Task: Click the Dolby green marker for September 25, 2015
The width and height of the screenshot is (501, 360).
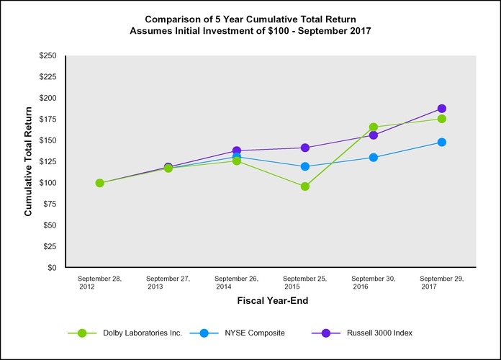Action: pos(305,186)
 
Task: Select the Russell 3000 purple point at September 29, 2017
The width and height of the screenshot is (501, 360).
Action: pos(442,109)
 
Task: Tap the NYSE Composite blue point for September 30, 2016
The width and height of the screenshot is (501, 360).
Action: pos(374,157)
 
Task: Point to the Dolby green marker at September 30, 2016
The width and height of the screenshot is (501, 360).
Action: pos(374,127)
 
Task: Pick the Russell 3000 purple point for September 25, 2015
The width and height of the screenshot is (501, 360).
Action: pos(305,148)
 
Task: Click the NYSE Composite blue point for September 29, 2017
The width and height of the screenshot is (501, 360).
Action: pos(442,142)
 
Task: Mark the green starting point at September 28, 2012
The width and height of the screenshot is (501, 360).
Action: pos(99,183)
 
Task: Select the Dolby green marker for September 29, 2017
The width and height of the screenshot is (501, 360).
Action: pos(442,119)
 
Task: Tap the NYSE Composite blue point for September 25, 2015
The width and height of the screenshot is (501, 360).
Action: pos(305,166)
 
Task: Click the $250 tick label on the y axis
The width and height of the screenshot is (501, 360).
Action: pos(47,55)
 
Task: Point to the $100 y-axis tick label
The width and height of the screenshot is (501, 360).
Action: pos(47,183)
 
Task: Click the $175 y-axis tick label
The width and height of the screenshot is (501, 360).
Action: pos(47,119)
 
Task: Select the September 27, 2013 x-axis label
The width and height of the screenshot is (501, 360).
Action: pos(168,282)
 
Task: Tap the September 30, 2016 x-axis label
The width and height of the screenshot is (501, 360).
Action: pos(374,282)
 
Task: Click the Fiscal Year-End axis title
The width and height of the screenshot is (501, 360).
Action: pos(270,302)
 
